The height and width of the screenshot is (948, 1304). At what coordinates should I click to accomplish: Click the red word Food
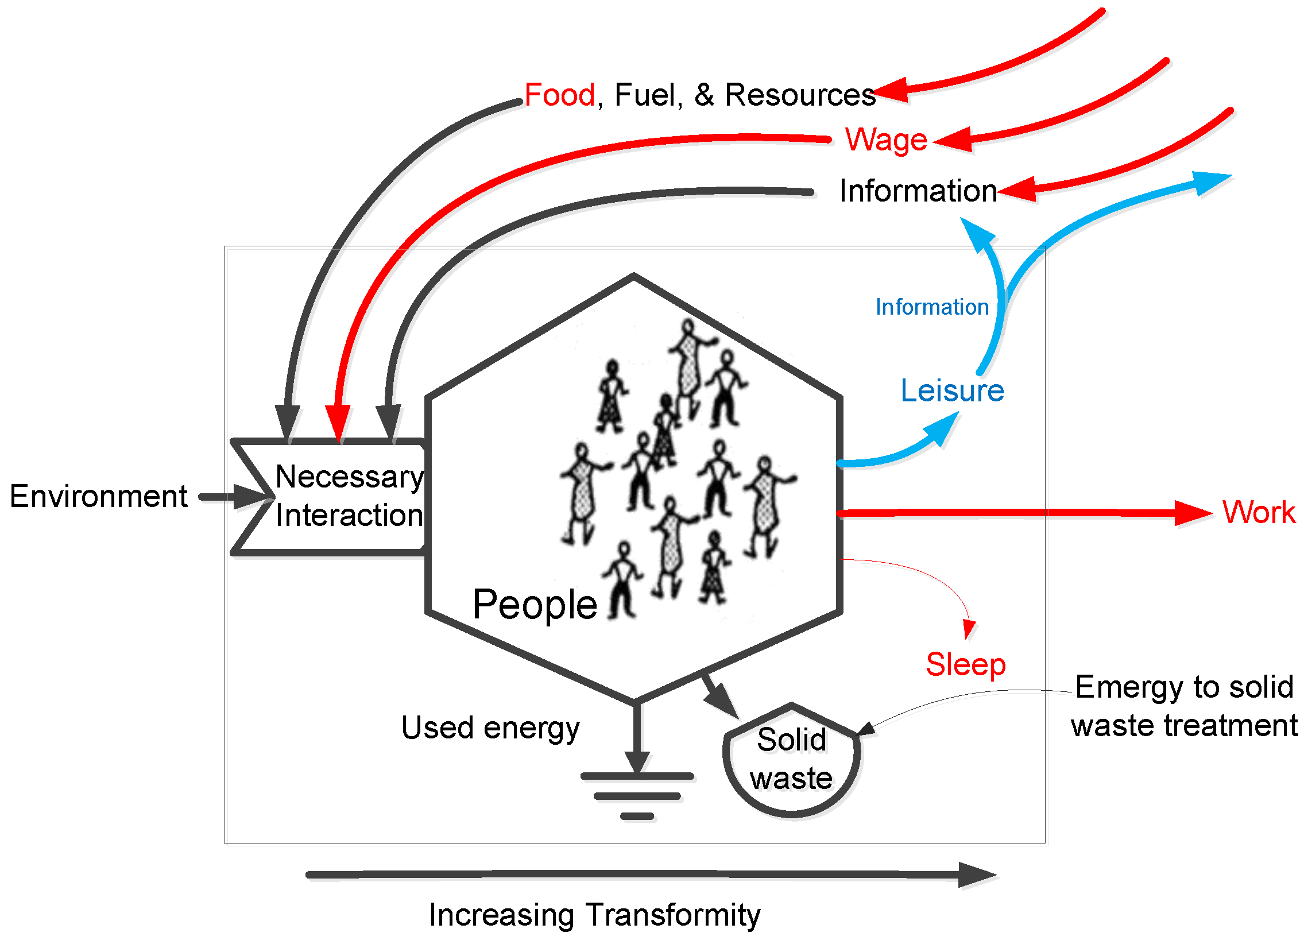coord(559,95)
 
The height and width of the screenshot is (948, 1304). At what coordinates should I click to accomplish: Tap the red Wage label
coord(885,140)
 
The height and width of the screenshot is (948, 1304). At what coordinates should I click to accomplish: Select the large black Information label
coord(918,191)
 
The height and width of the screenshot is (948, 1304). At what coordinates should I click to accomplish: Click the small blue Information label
coord(931,307)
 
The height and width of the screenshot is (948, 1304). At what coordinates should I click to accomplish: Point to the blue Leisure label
coord(951,391)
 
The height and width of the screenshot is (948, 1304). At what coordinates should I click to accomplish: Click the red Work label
coord(1258,512)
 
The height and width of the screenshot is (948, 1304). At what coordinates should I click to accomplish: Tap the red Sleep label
coord(965,664)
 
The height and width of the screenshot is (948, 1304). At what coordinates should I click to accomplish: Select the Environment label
coord(98,496)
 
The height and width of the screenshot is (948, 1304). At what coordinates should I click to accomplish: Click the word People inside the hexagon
coord(535,605)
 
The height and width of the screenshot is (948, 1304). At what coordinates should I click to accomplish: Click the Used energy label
coord(490,729)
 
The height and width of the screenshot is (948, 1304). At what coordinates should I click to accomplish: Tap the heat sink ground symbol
coord(637,796)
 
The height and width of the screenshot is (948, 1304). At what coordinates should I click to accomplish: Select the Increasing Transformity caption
coord(594,915)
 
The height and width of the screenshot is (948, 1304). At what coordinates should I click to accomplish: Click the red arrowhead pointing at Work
coord(1193,513)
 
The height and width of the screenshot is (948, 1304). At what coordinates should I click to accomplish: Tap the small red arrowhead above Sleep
coord(969,629)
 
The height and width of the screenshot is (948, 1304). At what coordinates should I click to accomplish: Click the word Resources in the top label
coord(800,95)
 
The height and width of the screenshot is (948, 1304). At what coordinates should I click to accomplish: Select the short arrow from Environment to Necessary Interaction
coord(230,497)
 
